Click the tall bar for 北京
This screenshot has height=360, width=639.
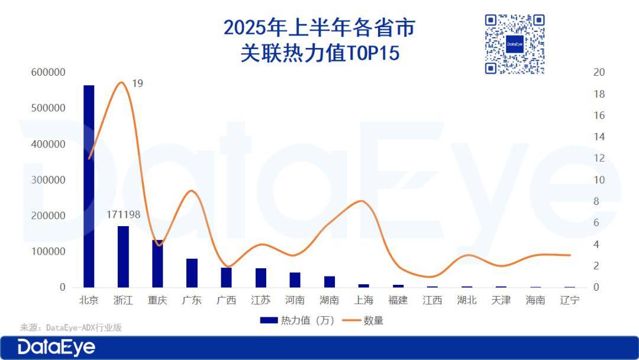[89, 187]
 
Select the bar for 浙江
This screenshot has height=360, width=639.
[123, 256]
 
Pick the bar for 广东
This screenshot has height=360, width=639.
[192, 273]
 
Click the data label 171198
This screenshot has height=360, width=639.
[123, 214]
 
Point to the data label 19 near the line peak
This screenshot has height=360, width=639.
[137, 83]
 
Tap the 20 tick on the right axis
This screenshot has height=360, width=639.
[599, 73]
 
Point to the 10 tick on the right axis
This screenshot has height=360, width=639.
[599, 180]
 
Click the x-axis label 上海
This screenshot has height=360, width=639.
[363, 300]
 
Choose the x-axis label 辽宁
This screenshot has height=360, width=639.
[569, 300]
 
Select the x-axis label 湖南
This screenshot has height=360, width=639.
[329, 300]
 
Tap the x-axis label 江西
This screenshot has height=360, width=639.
[432, 300]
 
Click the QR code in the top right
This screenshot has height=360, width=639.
[514, 44]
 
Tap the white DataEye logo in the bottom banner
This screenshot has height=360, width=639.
[56, 348]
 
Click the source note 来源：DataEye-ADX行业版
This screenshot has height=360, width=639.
[71, 327]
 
